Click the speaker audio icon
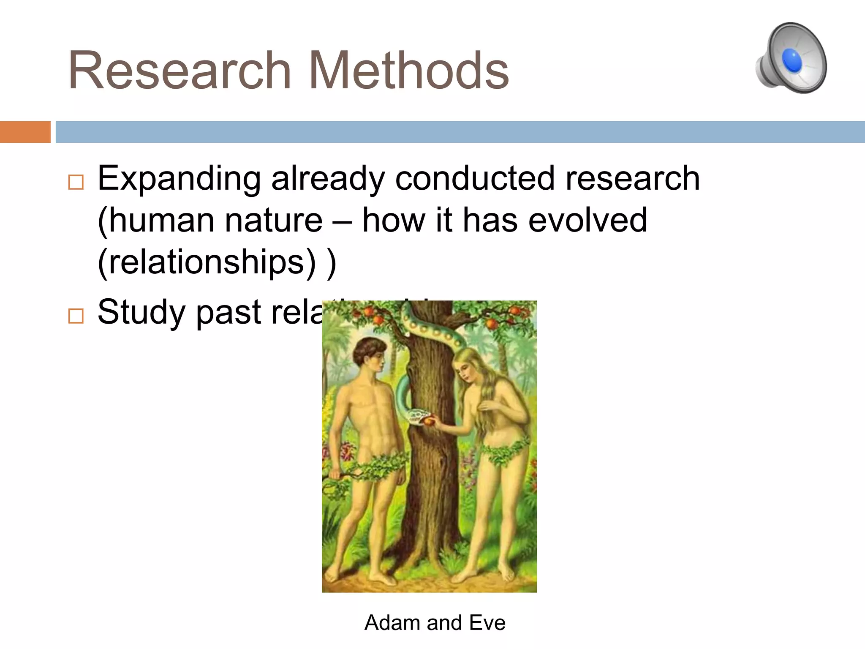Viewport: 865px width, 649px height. pyautogui.click(x=792, y=58)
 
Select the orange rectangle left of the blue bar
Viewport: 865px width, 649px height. pyautogui.click(x=25, y=132)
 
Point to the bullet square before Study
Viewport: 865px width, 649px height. pyautogui.click(x=76, y=316)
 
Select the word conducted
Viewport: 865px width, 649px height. pyautogui.click(x=475, y=178)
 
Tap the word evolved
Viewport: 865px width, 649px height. pyautogui.click(x=588, y=220)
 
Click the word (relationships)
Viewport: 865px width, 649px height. pyautogui.click(x=207, y=262)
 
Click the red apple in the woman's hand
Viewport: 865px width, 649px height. pyautogui.click(x=430, y=421)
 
